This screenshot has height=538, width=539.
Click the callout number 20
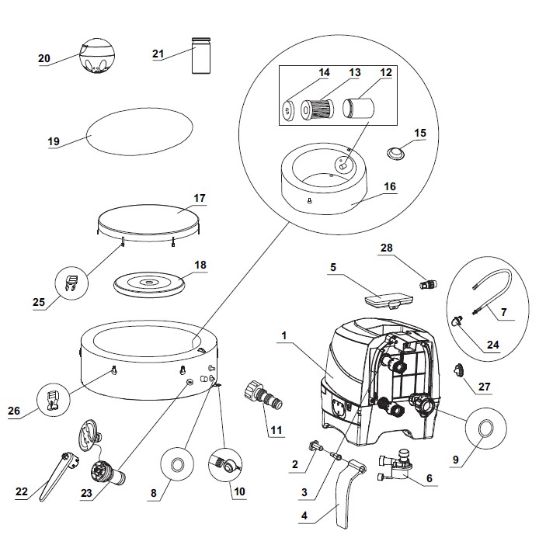pos(43,58)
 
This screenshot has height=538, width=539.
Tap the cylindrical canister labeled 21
pos(202,55)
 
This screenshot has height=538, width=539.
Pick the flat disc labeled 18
pos(149,283)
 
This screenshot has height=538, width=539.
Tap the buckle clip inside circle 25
pos(71,284)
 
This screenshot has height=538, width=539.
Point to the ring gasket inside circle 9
pos(486,428)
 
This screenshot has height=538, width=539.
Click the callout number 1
pos(285,337)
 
